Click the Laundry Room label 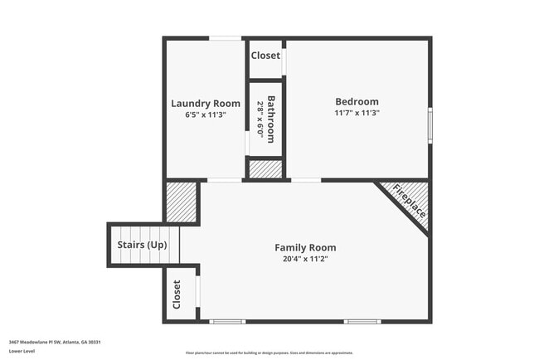pyautogui.click(x=205, y=103)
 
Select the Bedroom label pyautogui.click(x=357, y=101)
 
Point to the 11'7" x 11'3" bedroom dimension pyautogui.click(x=357, y=113)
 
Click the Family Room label pyautogui.click(x=305, y=247)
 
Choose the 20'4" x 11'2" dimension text pyautogui.click(x=305, y=258)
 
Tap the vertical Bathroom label pyautogui.click(x=270, y=119)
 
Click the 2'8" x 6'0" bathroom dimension pyautogui.click(x=260, y=119)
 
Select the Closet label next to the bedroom pyautogui.click(x=265, y=56)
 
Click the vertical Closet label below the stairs pyautogui.click(x=177, y=294)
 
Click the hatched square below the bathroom pyautogui.click(x=266, y=168)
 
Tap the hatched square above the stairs pyautogui.click(x=180, y=202)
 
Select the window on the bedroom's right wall pyautogui.click(x=430, y=125)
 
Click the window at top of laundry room pyautogui.click(x=225, y=38)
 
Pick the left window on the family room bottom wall pyautogui.click(x=226, y=321)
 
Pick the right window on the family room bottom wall pyautogui.click(x=362, y=321)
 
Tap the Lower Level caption pyautogui.click(x=22, y=351)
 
